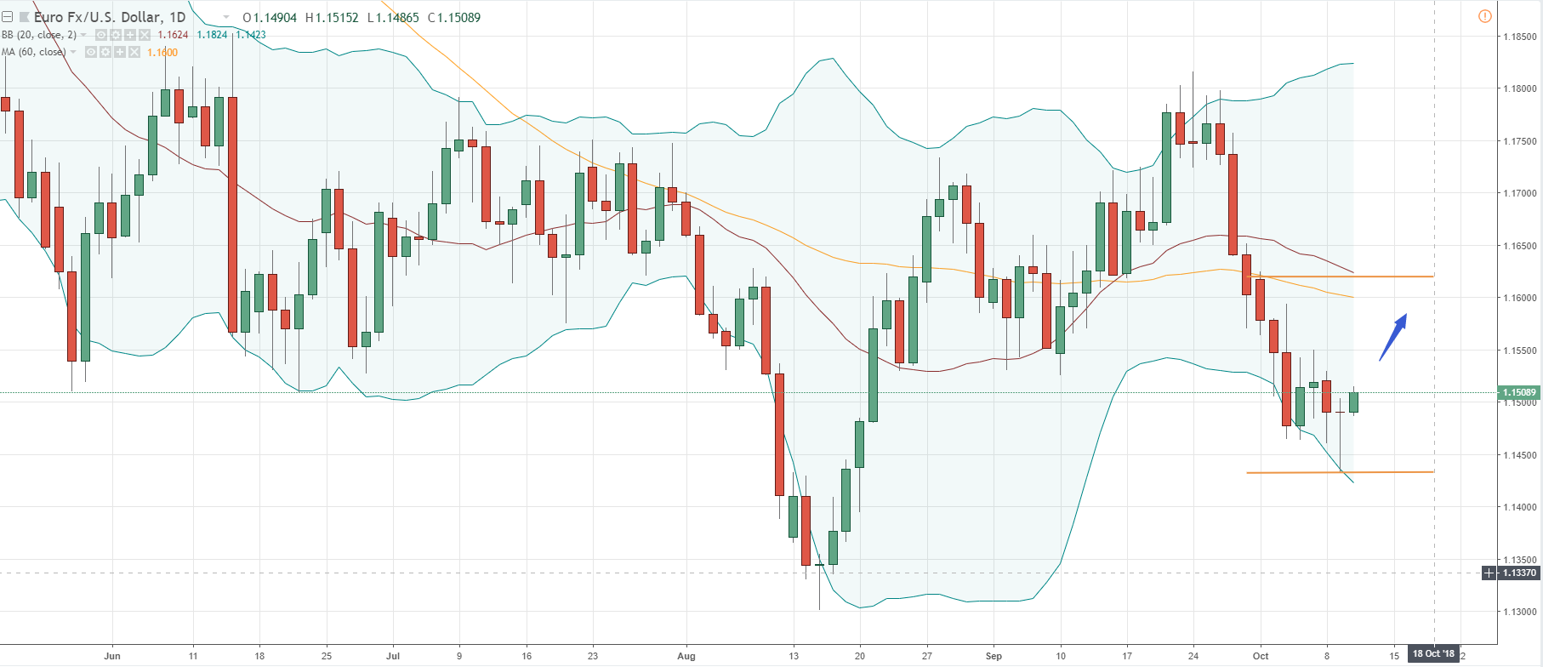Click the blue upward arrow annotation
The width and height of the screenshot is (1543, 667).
pyautogui.click(x=1392, y=337)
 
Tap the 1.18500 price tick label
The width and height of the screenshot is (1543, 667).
pyautogui.click(x=1520, y=37)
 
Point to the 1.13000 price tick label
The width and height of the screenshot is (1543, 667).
pyautogui.click(x=1520, y=612)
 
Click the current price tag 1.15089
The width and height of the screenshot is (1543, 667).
pyautogui.click(x=1519, y=393)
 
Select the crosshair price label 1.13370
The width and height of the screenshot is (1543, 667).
pyautogui.click(x=1519, y=573)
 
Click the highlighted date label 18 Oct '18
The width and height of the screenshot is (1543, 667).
pyautogui.click(x=1433, y=654)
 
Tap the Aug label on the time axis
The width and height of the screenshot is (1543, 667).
pyautogui.click(x=686, y=656)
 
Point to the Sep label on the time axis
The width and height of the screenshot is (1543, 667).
pyautogui.click(x=994, y=656)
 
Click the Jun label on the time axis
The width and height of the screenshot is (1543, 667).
pyautogui.click(x=111, y=656)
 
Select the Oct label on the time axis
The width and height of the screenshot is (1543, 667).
pyautogui.click(x=1260, y=656)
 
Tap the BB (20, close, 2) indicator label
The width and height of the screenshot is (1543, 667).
pyautogui.click(x=39, y=35)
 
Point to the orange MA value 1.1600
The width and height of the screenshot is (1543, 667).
pyautogui.click(x=162, y=53)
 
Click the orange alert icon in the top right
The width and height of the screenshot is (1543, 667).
pyautogui.click(x=1484, y=16)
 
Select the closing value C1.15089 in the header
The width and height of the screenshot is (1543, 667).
pyautogui.click(x=454, y=18)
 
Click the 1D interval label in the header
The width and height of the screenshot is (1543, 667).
pyautogui.click(x=177, y=17)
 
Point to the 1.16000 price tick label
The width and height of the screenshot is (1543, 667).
pyautogui.click(x=1520, y=298)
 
